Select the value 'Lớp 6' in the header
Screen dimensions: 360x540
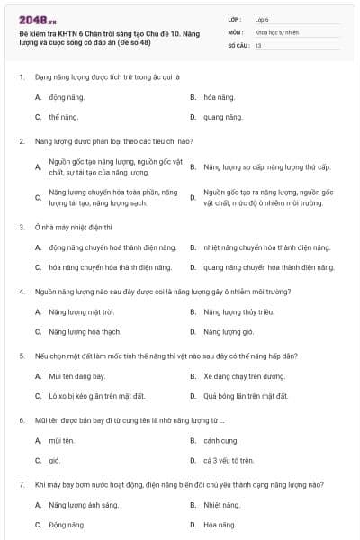coord(262,18)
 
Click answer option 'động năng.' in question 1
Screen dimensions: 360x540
coord(63,96)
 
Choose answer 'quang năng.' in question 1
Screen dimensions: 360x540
coord(223,117)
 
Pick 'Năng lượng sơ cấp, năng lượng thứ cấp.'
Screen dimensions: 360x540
coord(267,167)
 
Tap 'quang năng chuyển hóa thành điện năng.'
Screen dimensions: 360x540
coord(268,267)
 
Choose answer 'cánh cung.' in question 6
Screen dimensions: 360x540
coord(220,440)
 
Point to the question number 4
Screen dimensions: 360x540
coord(21,292)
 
